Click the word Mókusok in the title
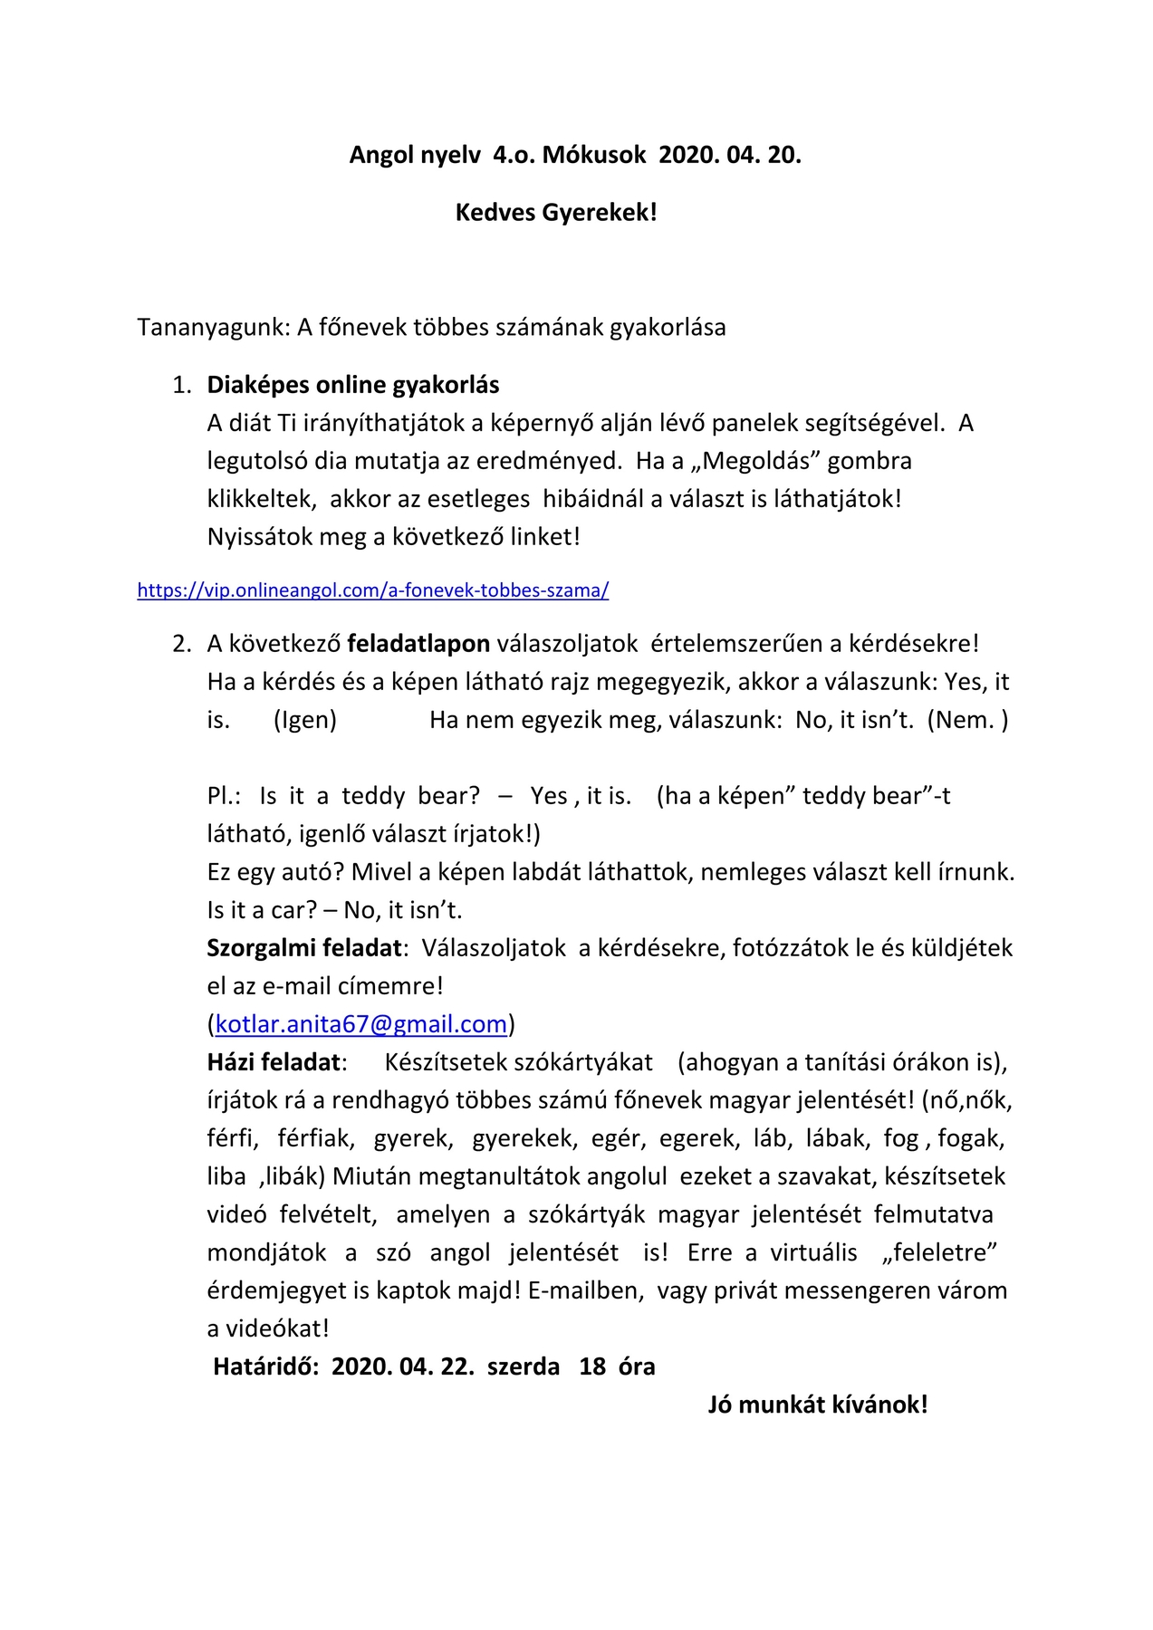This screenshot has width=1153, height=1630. tap(594, 155)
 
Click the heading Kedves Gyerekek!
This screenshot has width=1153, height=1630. tap(556, 213)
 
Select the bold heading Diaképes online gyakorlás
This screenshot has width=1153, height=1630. tap(353, 385)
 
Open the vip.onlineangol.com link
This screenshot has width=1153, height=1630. tap(373, 590)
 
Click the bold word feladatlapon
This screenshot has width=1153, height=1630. tap(418, 644)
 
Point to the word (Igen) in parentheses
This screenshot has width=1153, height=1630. tap(305, 720)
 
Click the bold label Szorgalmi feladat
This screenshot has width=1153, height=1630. tap(304, 948)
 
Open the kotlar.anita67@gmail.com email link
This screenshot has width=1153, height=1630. tap(360, 1024)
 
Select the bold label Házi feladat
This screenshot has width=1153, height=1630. tap(274, 1062)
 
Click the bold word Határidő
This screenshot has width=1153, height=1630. tap(264, 1366)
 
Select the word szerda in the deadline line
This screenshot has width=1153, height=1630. tap(524, 1366)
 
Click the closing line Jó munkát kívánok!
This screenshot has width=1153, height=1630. tap(818, 1405)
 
